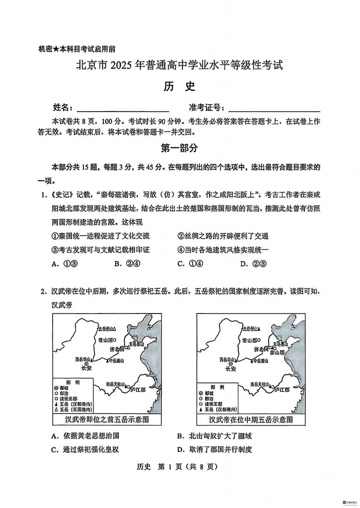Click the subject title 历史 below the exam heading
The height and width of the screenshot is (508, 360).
pyautogui.click(x=179, y=86)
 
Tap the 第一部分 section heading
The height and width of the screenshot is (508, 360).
pyautogui.click(x=179, y=148)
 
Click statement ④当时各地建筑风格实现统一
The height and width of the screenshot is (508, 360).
pyautogui.click(x=223, y=250)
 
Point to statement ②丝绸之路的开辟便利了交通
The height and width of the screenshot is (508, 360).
pyautogui.click(x=223, y=236)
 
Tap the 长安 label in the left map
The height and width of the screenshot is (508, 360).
pyautogui.click(x=86, y=369)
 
